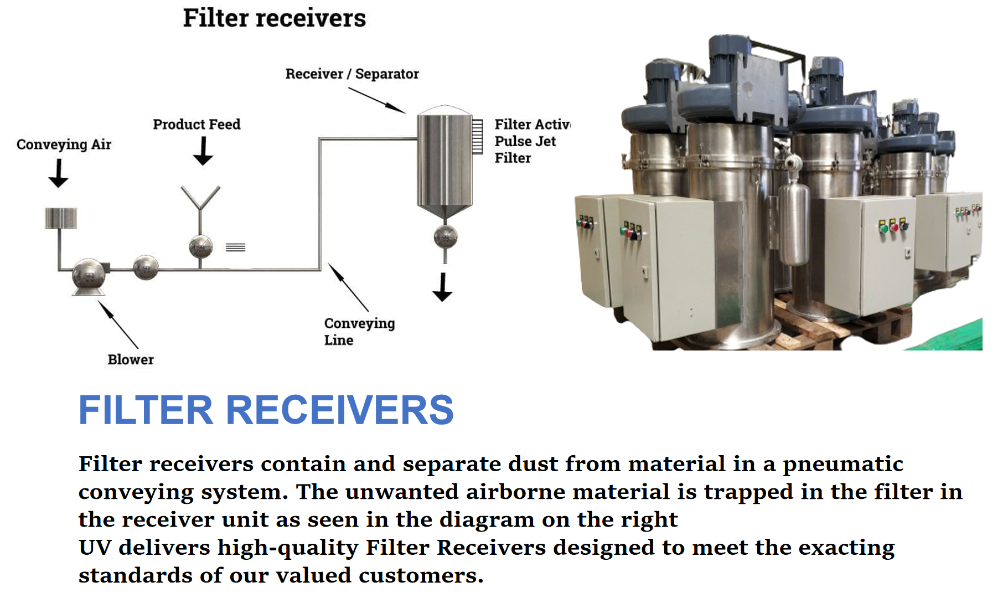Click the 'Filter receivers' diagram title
click(275, 18)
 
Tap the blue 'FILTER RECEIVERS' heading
click(266, 410)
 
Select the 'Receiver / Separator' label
click(352, 74)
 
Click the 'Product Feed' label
click(197, 124)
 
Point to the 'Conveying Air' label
click(64, 145)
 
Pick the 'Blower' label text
click(131, 359)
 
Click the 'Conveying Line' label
click(359, 331)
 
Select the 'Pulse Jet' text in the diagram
click(525, 141)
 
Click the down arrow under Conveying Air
click(58, 173)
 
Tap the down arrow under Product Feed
click(203, 151)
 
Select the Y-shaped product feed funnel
click(200, 198)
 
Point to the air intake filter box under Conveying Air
click(61, 218)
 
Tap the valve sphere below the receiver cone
click(446, 237)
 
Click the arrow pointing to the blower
click(118, 325)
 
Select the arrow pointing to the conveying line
click(348, 287)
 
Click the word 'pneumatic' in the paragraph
click(843, 465)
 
